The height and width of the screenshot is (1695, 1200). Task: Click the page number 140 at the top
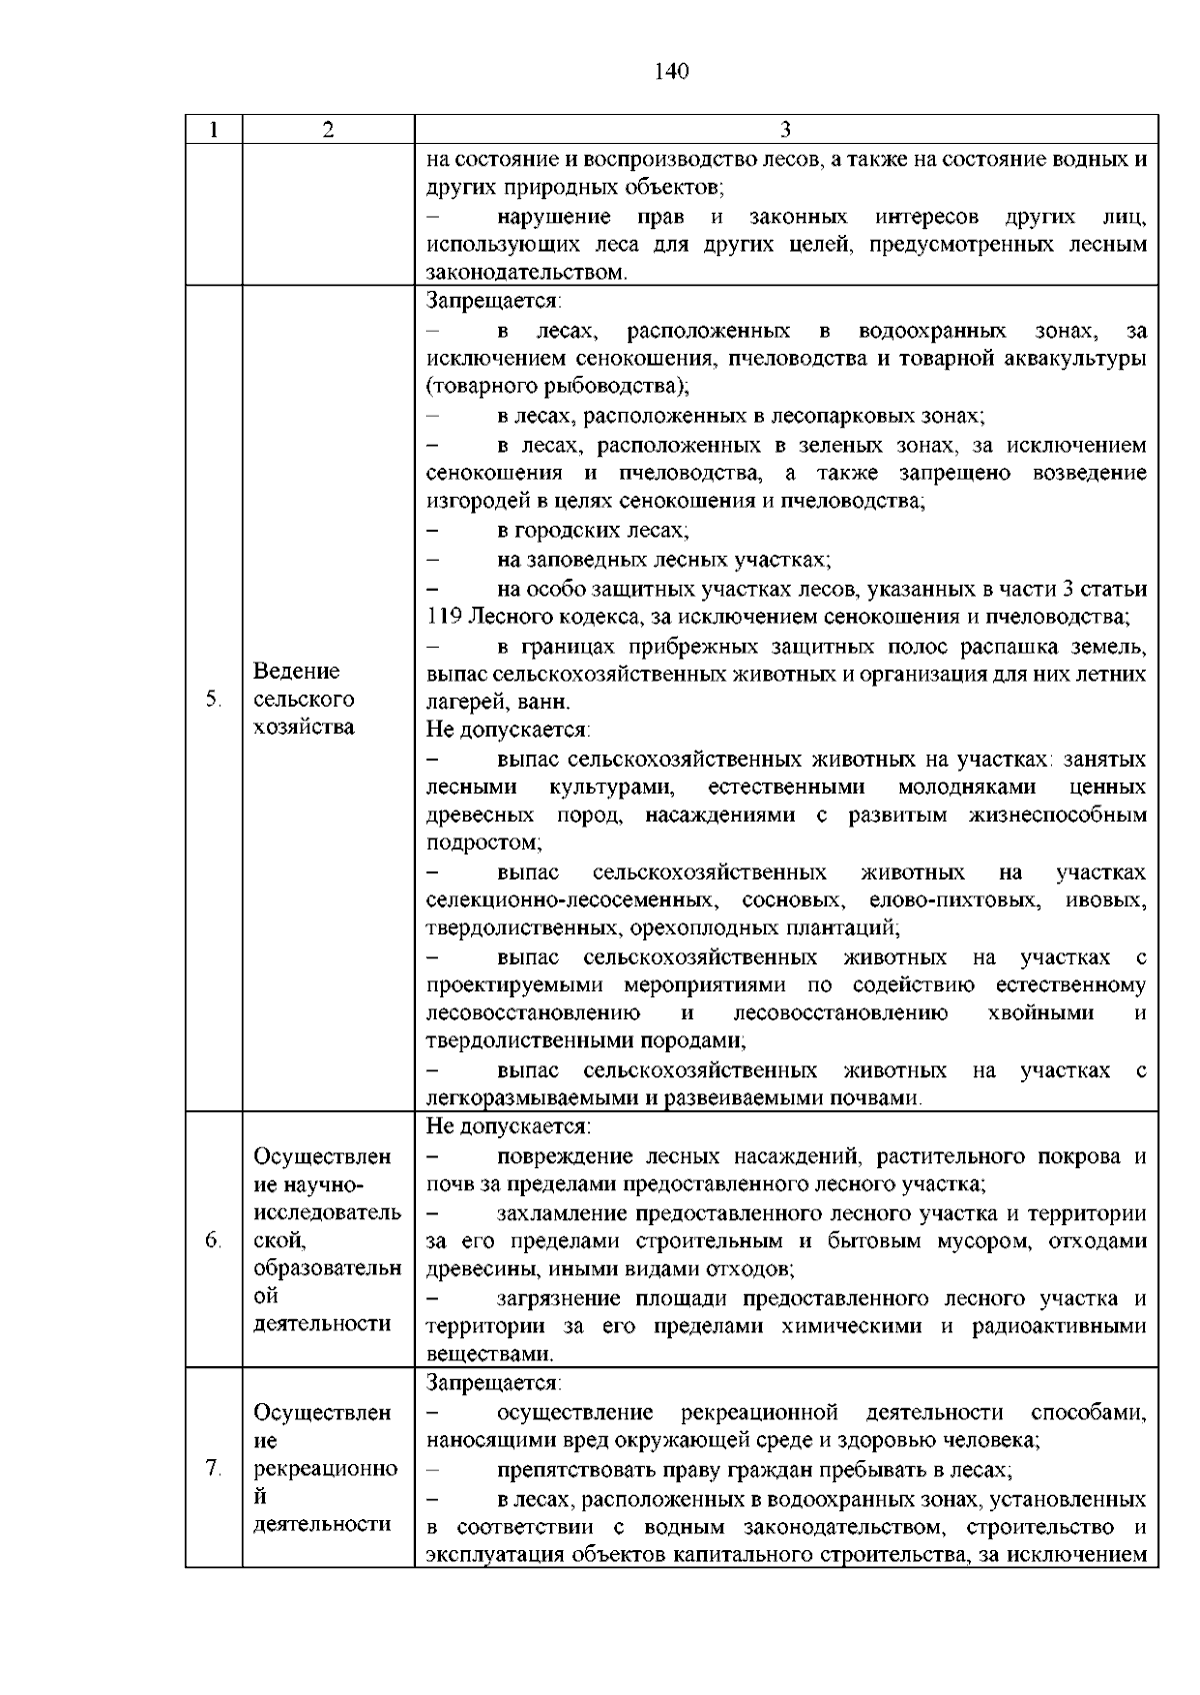(672, 71)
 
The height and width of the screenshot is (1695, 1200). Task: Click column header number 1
(214, 130)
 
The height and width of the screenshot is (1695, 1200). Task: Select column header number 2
(328, 130)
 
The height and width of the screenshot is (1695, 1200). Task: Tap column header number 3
(786, 130)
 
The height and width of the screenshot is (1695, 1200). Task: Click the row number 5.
(213, 699)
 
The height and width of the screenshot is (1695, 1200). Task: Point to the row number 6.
(213, 1240)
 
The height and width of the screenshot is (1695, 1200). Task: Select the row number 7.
(213, 1468)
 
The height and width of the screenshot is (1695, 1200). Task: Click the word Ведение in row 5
(297, 671)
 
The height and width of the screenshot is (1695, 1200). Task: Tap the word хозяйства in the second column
(304, 727)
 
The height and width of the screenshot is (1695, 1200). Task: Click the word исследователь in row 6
(328, 1212)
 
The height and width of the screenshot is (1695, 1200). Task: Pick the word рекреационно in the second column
(326, 1468)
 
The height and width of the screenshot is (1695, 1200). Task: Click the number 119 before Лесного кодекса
(442, 616)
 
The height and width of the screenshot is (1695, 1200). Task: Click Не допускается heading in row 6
(508, 1127)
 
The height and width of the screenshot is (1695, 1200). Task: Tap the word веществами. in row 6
(490, 1355)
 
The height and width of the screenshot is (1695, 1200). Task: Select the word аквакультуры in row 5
(1079, 358)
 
